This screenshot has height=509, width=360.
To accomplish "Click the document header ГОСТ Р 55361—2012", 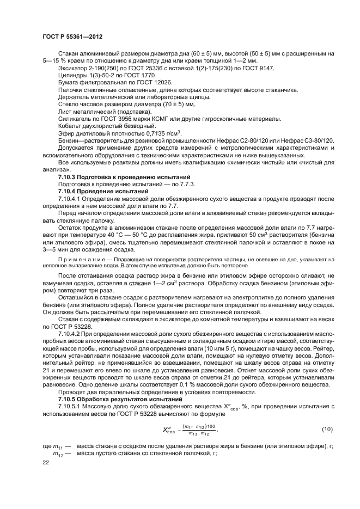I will click(72, 36).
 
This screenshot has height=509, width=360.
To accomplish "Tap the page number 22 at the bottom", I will click(46, 463).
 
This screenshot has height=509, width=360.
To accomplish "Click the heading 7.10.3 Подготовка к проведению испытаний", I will click(124, 177).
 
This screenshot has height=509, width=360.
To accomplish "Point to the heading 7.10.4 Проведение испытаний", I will click(103, 192).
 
